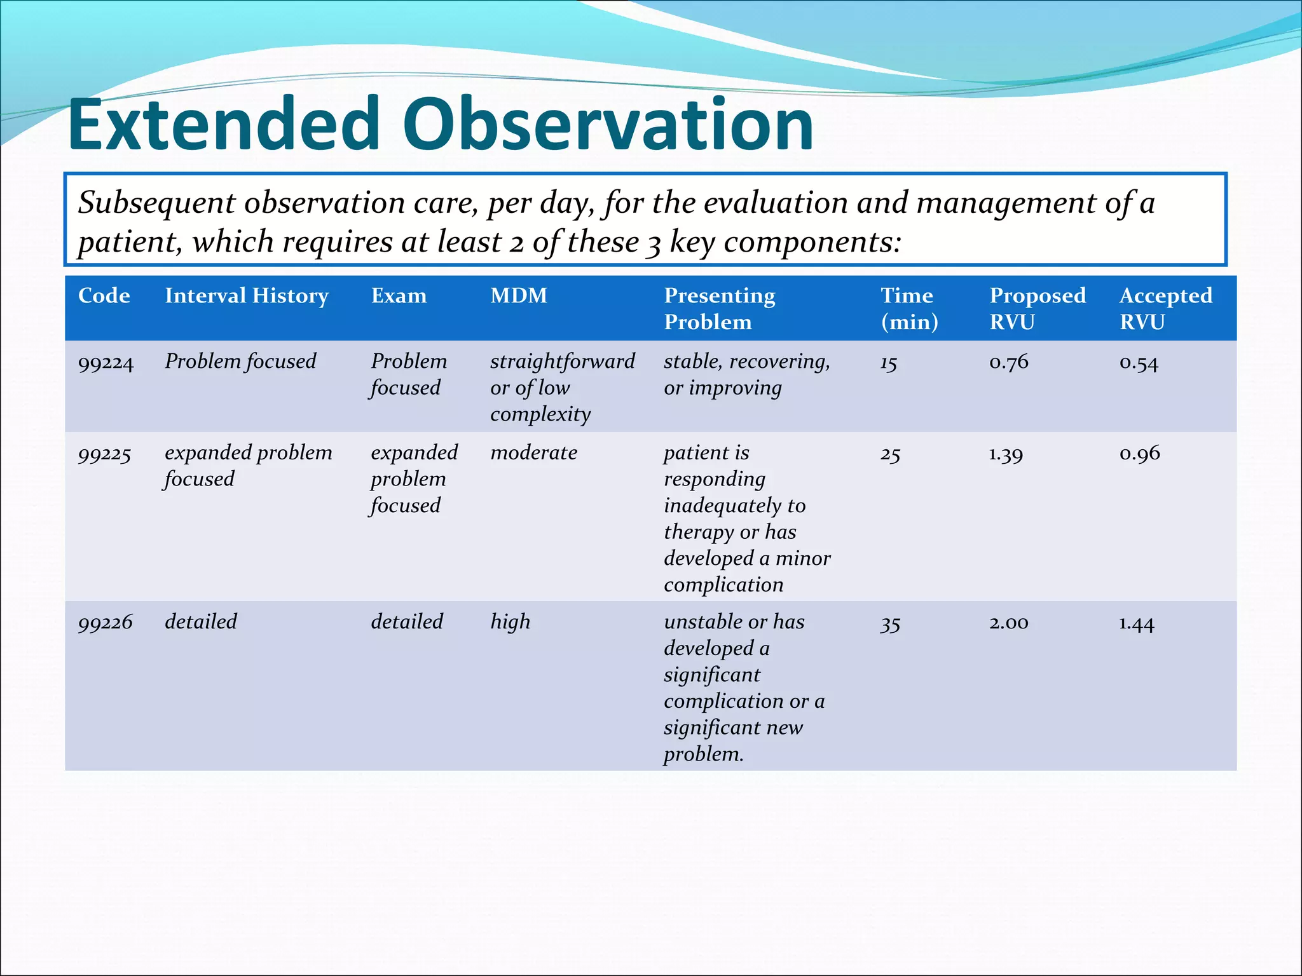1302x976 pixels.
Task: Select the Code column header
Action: click(104, 295)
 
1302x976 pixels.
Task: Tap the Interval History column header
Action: click(247, 295)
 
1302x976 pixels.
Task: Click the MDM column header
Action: click(518, 295)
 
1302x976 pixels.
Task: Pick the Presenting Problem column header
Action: click(719, 308)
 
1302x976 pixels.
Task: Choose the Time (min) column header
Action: click(908, 308)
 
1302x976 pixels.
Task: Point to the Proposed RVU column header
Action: click(1037, 308)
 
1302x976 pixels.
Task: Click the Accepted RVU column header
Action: click(1165, 308)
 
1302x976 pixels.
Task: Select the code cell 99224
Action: click(106, 363)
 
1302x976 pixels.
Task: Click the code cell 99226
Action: click(105, 622)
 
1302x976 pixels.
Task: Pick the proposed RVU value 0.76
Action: click(1008, 362)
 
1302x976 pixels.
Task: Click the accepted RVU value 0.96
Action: click(1139, 454)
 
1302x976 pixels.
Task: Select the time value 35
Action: click(889, 624)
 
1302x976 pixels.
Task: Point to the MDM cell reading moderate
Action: click(533, 453)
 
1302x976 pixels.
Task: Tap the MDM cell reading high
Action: click(510, 622)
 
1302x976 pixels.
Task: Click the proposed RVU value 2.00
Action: click(1008, 623)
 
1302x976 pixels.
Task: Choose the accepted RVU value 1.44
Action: click(1136, 623)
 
